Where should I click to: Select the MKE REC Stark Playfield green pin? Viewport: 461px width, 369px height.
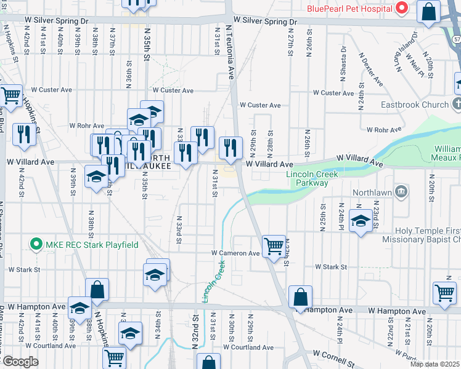click(x=36, y=245)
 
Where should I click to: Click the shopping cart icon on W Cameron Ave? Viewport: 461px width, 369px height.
click(x=274, y=246)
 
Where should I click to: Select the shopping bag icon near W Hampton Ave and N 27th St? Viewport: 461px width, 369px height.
click(x=300, y=297)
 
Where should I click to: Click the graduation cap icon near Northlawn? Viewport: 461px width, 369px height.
click(x=361, y=221)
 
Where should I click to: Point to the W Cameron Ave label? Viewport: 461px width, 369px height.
click(x=236, y=253)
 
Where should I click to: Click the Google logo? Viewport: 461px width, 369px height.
click(x=20, y=362)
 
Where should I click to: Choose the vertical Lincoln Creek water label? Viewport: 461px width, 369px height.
click(x=212, y=280)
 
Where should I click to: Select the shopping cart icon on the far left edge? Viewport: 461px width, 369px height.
click(x=10, y=95)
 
